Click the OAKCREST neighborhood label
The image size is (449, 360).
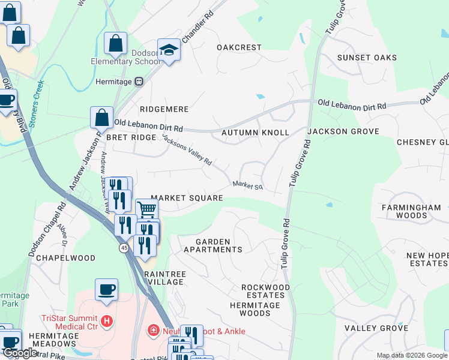239,47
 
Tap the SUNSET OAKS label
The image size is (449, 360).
367,58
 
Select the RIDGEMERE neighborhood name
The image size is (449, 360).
164,109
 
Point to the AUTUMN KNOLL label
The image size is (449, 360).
255,132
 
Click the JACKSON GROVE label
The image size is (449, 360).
343,131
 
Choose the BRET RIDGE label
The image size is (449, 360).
122,137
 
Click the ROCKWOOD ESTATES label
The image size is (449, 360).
265,291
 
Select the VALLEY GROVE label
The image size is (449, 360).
376,328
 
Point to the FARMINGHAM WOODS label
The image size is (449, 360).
411,211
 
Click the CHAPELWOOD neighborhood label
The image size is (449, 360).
66,258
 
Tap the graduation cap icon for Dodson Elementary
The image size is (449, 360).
169,51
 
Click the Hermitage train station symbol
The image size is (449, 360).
139,81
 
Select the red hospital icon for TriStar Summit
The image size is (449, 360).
107,322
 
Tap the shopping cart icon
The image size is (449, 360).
146,210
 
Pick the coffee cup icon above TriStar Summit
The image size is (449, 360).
106,290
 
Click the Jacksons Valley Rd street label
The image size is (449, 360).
187,149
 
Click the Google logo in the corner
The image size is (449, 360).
19,353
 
